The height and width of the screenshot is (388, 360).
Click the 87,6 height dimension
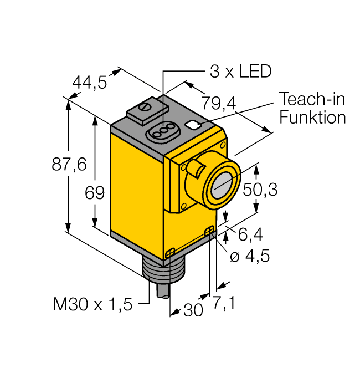click(x=69, y=164)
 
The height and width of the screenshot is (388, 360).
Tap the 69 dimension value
click(x=95, y=192)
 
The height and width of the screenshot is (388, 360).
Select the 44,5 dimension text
click(x=90, y=83)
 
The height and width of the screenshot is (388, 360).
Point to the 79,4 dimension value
click(x=219, y=103)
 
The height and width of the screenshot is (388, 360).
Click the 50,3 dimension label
click(x=260, y=190)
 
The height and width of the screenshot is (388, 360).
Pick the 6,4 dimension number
click(x=250, y=234)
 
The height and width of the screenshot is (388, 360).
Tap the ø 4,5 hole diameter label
click(x=250, y=256)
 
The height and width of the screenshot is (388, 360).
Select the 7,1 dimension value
click(x=224, y=303)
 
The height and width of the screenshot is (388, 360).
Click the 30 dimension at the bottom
click(x=193, y=310)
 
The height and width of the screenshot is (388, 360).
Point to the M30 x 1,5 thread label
click(x=93, y=304)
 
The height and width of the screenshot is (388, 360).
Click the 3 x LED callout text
click(x=240, y=72)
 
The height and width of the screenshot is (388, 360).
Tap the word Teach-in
click(x=312, y=99)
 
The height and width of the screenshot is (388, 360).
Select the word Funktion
click(x=312, y=117)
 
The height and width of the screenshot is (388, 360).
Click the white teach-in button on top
click(x=194, y=125)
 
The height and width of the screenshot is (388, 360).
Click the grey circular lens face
click(x=222, y=186)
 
